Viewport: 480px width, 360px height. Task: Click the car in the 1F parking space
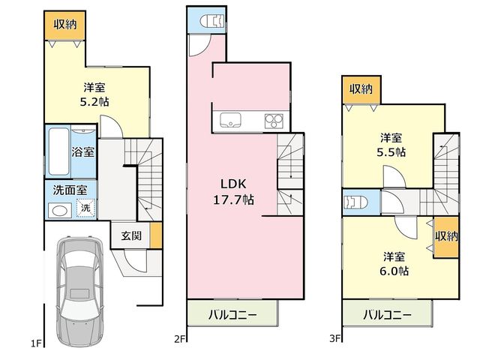pyautogui.click(x=80, y=292)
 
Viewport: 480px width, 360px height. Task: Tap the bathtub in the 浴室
pyautogui.click(x=58, y=151)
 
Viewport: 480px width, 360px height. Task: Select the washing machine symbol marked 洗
pyautogui.click(x=85, y=208)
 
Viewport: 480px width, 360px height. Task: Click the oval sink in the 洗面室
pyautogui.click(x=59, y=211)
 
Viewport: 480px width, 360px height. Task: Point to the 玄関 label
pyautogui.click(x=131, y=235)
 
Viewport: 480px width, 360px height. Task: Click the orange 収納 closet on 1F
pyautogui.click(x=65, y=25)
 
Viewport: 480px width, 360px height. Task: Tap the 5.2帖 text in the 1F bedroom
pyautogui.click(x=94, y=102)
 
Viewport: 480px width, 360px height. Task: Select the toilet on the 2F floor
pyautogui.click(x=211, y=22)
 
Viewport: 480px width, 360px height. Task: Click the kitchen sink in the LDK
pyautogui.click(x=230, y=120)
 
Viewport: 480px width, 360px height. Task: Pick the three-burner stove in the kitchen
pyautogui.click(x=274, y=121)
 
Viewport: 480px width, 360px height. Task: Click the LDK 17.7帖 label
pyautogui.click(x=233, y=192)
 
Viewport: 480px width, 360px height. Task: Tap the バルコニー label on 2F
pyautogui.click(x=232, y=314)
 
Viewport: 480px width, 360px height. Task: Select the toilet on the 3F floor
pyautogui.click(x=355, y=202)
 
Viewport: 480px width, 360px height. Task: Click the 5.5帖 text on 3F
pyautogui.click(x=391, y=152)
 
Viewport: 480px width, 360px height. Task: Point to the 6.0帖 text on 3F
pyautogui.click(x=394, y=271)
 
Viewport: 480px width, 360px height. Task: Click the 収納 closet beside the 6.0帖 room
pyautogui.click(x=446, y=237)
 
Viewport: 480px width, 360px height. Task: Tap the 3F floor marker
pyautogui.click(x=335, y=338)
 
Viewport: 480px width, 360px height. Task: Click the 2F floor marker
pyautogui.click(x=180, y=339)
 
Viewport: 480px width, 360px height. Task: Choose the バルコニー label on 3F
pyautogui.click(x=387, y=315)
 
